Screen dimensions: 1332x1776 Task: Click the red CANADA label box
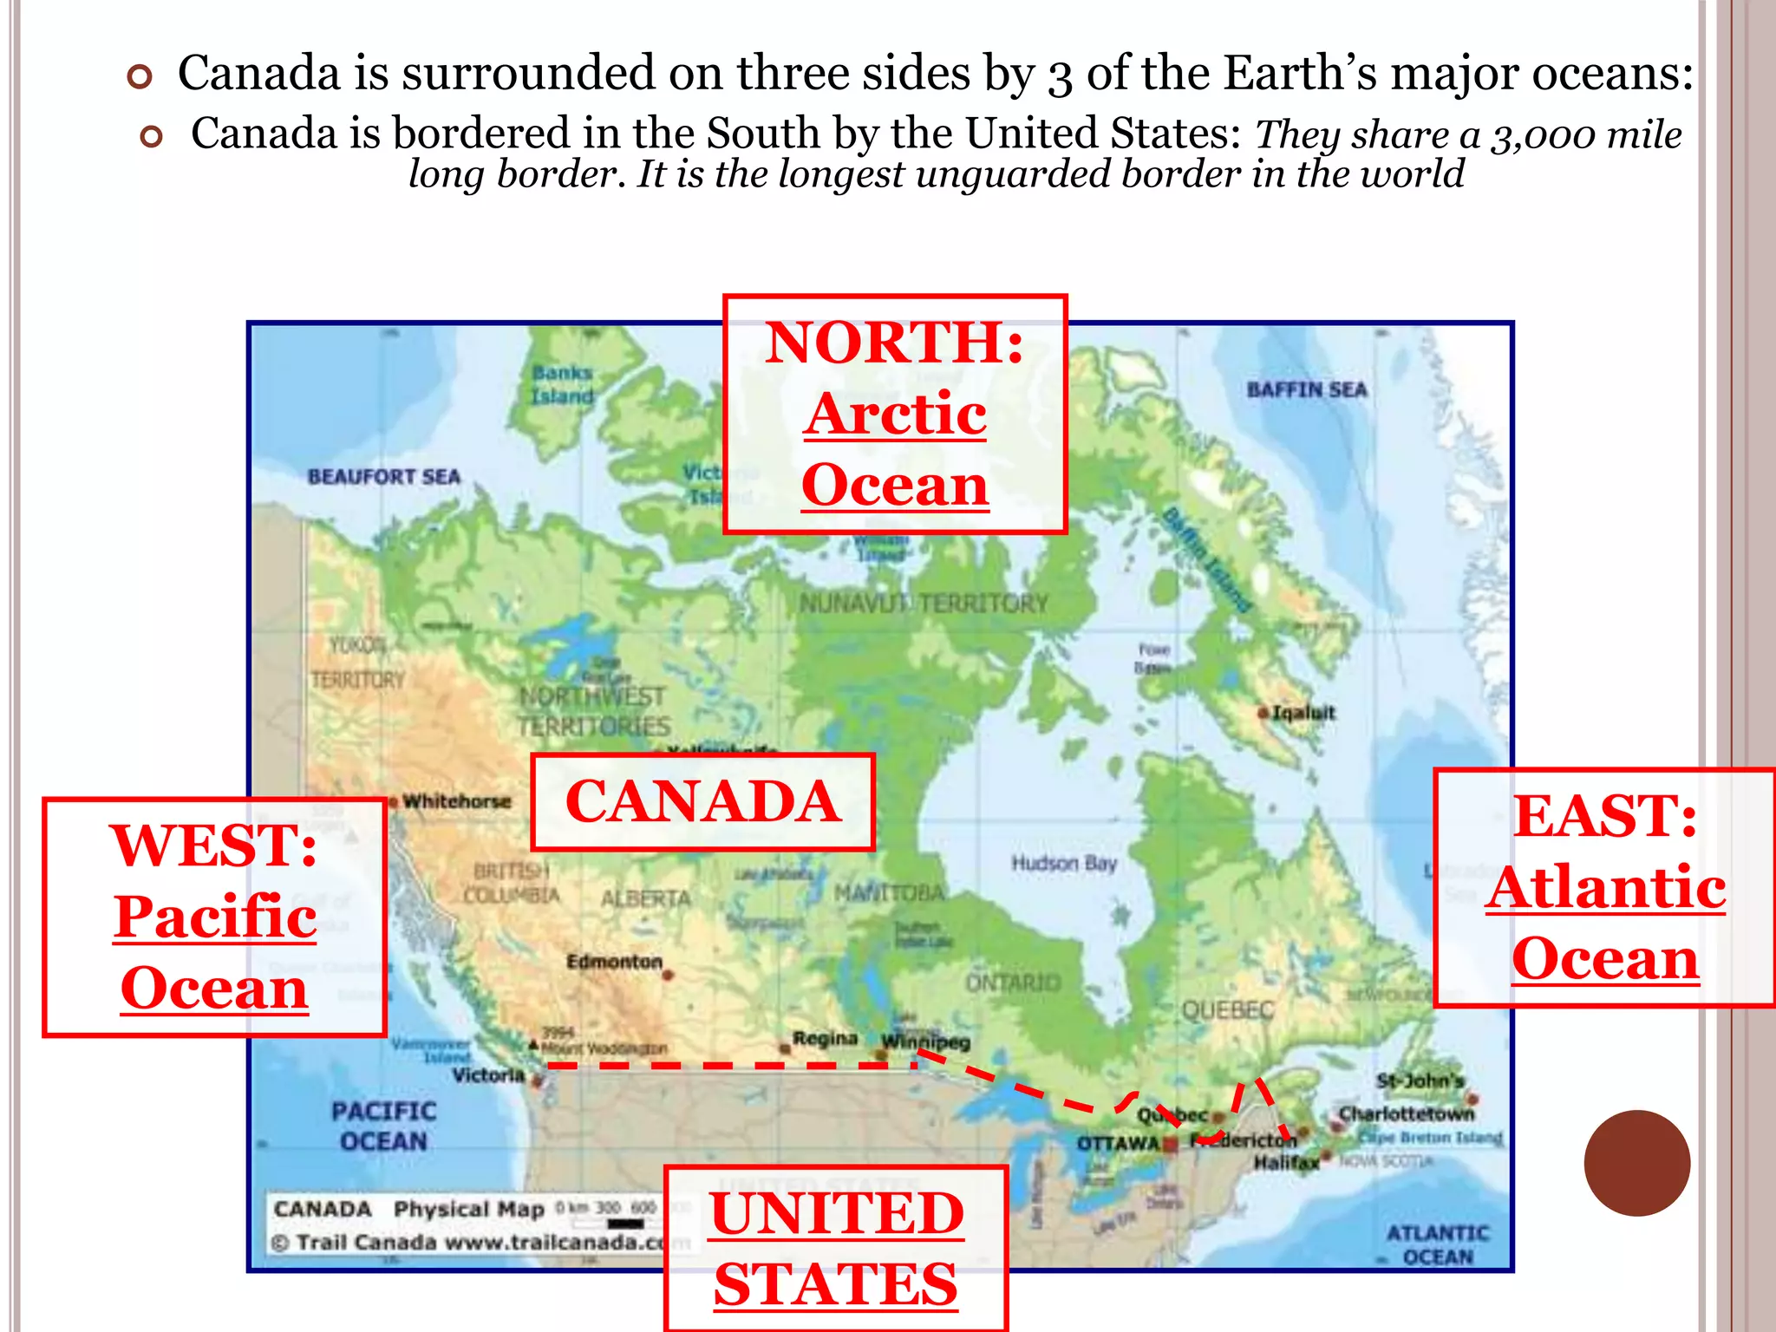point(702,801)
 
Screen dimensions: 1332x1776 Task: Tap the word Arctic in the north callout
point(895,414)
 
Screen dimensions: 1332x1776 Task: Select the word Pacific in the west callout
point(215,917)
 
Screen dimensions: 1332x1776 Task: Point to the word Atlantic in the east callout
point(1605,887)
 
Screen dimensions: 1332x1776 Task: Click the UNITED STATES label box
point(836,1249)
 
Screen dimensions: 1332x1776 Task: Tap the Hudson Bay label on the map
point(1063,863)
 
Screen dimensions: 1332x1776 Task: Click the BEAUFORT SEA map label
point(384,476)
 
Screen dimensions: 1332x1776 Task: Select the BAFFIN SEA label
point(1306,390)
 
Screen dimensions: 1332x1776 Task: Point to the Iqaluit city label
point(1303,713)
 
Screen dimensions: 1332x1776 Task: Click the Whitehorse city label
point(457,801)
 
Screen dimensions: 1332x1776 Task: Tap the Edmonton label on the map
point(614,962)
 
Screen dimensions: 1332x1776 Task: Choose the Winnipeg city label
point(925,1041)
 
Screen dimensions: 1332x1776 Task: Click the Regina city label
point(825,1038)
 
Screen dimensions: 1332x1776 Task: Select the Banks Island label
point(563,384)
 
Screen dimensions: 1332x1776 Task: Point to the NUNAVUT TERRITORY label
point(924,603)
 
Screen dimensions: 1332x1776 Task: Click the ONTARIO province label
point(1013,983)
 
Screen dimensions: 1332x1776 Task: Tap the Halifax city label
point(1286,1162)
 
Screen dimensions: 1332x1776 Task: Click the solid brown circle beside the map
point(1636,1163)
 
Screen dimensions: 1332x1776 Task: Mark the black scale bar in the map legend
point(625,1224)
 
